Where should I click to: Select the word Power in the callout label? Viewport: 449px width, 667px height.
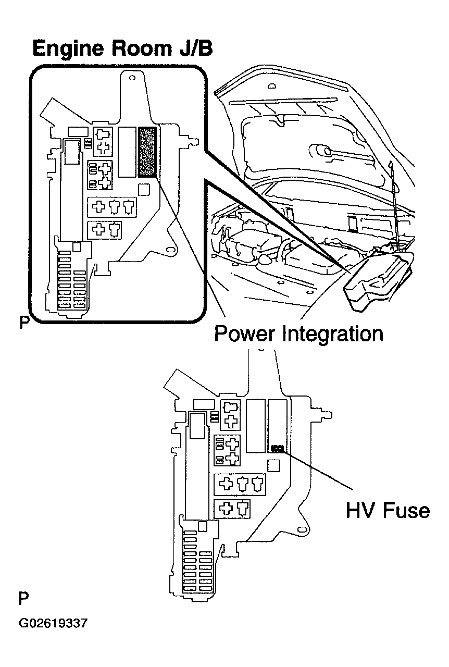click(244, 334)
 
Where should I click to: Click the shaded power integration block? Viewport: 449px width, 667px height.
click(147, 152)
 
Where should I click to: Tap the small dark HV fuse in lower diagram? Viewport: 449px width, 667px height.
click(277, 449)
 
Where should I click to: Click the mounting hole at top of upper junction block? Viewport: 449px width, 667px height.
click(132, 78)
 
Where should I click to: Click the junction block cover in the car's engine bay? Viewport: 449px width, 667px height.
click(379, 282)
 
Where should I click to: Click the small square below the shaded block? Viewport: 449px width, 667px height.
click(144, 189)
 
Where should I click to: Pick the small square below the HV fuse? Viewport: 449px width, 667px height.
click(273, 466)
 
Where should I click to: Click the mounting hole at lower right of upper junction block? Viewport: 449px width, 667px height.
click(170, 250)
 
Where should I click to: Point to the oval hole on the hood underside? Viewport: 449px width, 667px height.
click(271, 87)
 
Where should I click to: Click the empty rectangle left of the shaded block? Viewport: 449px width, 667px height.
click(127, 152)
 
